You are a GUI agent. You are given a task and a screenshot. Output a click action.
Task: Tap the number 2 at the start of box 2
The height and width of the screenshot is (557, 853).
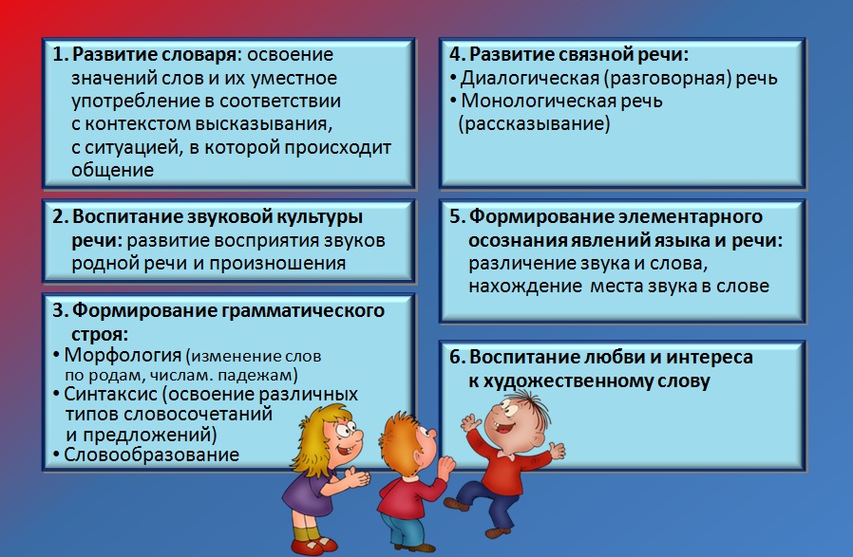[x=58, y=217]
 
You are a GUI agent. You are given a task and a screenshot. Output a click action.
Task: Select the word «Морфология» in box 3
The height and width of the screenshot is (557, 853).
[x=123, y=356]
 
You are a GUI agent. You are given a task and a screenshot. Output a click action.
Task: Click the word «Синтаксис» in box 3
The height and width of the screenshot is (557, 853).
[x=110, y=394]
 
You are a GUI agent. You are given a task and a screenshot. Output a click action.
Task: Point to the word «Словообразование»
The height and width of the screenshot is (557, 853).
[x=151, y=455]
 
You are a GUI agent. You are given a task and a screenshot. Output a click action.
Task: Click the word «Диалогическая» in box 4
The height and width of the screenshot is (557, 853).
[x=530, y=79]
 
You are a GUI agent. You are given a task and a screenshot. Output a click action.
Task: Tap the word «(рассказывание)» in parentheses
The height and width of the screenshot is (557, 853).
[x=534, y=124]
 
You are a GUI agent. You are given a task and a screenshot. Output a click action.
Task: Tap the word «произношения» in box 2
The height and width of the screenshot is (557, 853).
[x=277, y=264]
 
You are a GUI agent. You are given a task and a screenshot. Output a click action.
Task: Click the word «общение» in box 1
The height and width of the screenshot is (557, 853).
[x=113, y=170]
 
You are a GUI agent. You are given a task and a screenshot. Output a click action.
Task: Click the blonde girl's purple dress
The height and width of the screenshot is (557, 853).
[x=306, y=494]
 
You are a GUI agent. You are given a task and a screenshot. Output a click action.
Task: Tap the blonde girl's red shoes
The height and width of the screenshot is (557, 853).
[x=314, y=545]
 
